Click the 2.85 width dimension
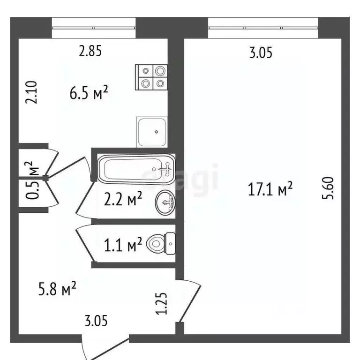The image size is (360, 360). pos(90,51)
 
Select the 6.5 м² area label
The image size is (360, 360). pos(89,93)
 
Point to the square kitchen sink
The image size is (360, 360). pos(152,132)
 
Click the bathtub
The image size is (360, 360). pos(136,169)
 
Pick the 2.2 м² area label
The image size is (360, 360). pos(123,201)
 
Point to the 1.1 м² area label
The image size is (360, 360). pos(123,245)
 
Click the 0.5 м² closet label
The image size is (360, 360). pos(31,180)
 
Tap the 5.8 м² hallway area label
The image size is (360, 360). pos(57,289)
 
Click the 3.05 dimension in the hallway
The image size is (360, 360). pos(97,321)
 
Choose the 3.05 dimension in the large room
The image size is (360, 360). pos(261,53)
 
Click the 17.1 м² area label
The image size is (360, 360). pos(270,189)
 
